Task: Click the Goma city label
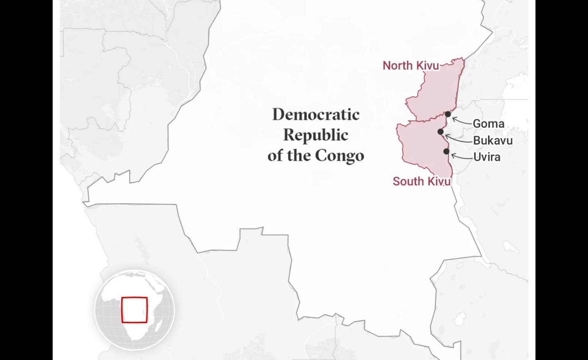[x=488, y=124]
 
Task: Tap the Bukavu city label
[x=493, y=140]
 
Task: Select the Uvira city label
[x=487, y=157]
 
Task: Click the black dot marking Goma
[x=448, y=114]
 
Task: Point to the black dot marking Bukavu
[x=440, y=132]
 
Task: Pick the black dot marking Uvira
[x=446, y=151]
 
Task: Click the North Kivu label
[x=411, y=66]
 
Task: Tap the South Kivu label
[x=422, y=181]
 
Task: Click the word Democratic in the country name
[x=316, y=115]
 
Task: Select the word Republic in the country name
[x=316, y=135]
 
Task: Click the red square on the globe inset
[x=134, y=310]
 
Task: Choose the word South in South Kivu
[x=408, y=181]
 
